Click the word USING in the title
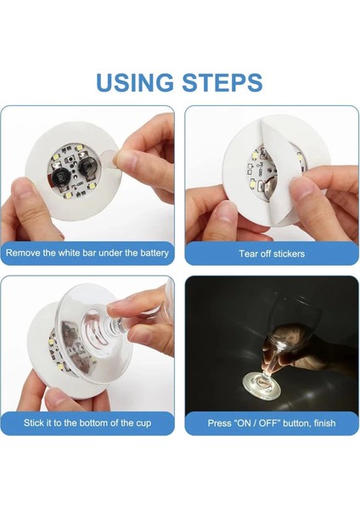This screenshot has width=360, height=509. tap(135, 82)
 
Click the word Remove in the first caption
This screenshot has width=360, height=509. tap(26, 253)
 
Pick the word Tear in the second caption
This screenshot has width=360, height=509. tap(250, 254)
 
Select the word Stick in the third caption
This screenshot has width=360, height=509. tap(37, 422)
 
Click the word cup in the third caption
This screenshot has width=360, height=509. tap(141, 422)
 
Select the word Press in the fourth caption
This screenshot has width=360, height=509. tap(222, 422)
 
